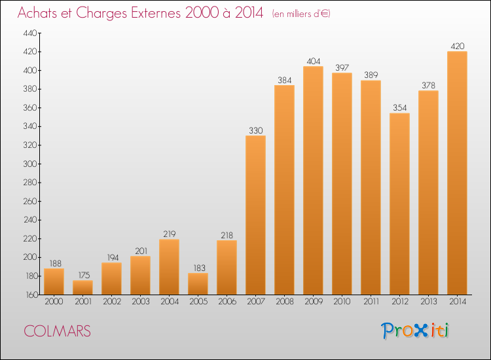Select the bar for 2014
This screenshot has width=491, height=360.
(457, 173)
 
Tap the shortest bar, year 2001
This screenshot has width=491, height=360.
(82, 287)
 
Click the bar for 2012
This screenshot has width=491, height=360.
(399, 204)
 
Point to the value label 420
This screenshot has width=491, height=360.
(457, 46)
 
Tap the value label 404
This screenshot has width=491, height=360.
(313, 61)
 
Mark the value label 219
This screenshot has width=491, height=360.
(169, 234)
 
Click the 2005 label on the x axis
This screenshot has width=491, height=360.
(198, 302)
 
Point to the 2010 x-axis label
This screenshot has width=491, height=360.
(342, 302)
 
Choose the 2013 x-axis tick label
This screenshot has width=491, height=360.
(428, 302)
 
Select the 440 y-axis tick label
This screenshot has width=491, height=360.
(31, 33)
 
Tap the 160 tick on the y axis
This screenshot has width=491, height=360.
(31, 295)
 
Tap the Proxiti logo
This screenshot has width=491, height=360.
(415, 331)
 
